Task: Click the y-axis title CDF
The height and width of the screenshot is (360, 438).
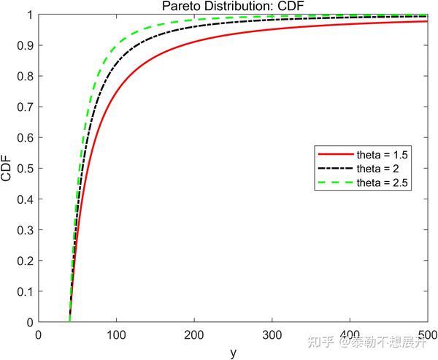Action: (7, 169)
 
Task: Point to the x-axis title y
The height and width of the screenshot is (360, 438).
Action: (233, 353)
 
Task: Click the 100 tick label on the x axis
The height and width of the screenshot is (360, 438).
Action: (116, 335)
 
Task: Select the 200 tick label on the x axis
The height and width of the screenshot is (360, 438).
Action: (194, 335)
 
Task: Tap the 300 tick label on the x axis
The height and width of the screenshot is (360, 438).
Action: (272, 335)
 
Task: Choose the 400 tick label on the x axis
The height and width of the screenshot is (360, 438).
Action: (350, 335)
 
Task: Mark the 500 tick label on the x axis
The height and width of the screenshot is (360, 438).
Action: (426, 335)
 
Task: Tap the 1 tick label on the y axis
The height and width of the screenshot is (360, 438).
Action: (29, 15)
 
